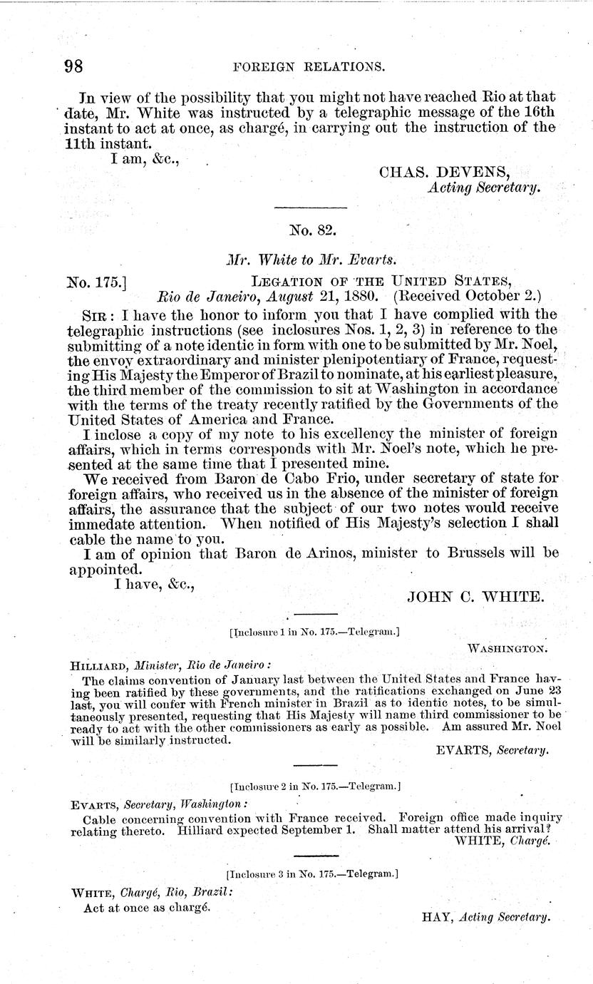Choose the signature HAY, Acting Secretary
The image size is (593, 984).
[x=486, y=917]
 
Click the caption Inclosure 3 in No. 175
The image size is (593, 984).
[x=311, y=873]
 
